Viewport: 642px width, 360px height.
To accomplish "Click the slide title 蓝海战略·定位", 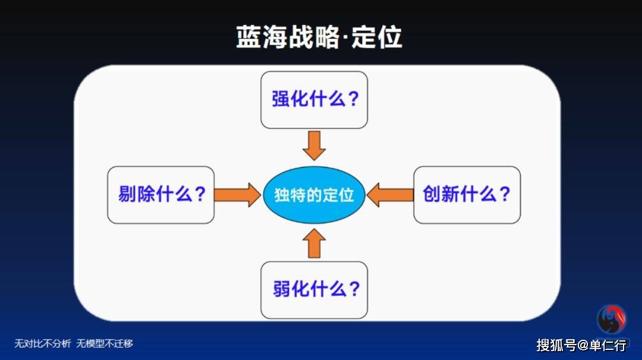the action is pos(319,37).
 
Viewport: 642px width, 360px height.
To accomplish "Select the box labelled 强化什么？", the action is pos(314,100).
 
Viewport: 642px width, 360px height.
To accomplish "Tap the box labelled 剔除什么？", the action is pos(160,195).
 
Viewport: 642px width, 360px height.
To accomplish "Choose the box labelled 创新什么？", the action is pos(467,195).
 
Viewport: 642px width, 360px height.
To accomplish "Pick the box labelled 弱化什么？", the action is pos(314,290).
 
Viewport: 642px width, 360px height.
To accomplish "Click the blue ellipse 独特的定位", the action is pos(314,195).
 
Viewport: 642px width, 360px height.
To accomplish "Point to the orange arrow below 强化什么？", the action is pos(314,146).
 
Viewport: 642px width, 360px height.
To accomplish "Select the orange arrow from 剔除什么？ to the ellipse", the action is pos(237,195).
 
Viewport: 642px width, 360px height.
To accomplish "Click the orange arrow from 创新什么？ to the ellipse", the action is pos(390,195).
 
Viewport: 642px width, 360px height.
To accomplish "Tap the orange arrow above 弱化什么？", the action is pos(314,243).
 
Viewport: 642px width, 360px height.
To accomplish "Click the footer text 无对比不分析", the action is pos(43,343).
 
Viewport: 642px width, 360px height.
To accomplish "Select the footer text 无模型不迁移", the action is pos(105,343).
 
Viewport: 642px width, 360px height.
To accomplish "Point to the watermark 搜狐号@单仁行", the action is pos(581,345).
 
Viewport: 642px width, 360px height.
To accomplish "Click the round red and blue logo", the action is pos(612,319).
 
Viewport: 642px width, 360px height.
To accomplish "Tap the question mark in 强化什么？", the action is pos(353,99).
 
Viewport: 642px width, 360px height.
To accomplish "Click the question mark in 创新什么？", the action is pos(505,194).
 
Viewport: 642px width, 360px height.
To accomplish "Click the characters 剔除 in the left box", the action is pos(136,194).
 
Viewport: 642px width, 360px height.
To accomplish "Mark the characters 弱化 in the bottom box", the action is pos(291,289).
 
